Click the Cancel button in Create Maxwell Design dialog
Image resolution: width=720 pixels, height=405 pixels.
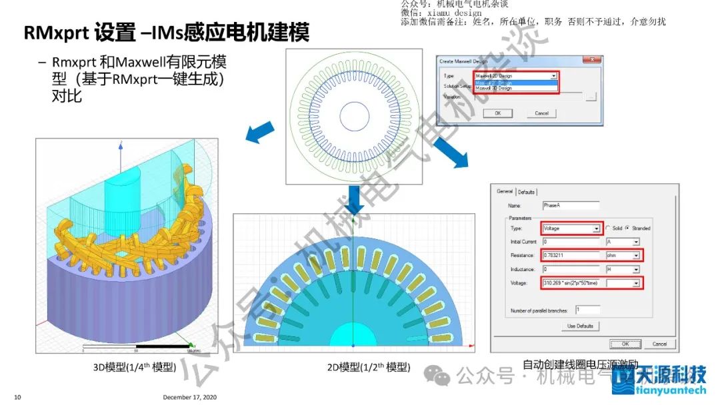click(x=541, y=113)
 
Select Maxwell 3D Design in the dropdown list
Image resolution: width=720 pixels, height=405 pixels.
click(x=495, y=88)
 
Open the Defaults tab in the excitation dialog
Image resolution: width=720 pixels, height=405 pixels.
click(x=527, y=192)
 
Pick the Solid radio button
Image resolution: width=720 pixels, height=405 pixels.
click(x=607, y=228)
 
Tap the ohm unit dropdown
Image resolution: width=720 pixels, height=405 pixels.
click(x=623, y=255)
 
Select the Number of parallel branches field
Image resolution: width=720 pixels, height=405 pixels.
click(x=587, y=310)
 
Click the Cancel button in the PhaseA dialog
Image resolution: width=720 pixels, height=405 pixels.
click(x=659, y=344)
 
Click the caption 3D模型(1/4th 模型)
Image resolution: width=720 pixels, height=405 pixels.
click(x=134, y=367)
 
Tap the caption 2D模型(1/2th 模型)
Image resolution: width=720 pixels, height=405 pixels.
click(x=368, y=367)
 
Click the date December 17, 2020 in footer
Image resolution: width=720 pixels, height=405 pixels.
click(x=189, y=398)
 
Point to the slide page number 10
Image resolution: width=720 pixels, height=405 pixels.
click(x=17, y=398)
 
